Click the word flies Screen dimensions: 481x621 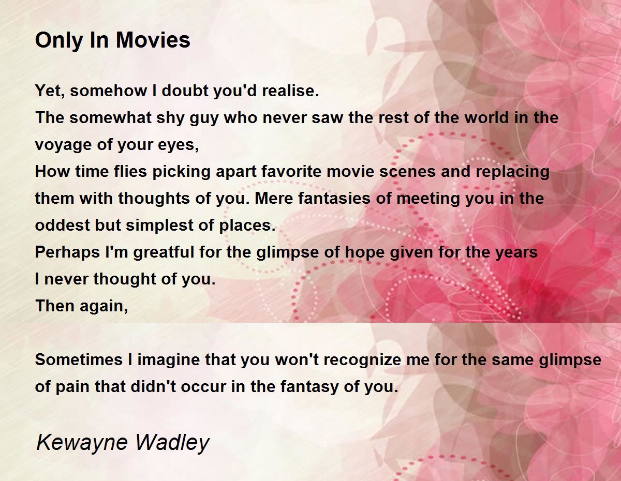[x=130, y=172]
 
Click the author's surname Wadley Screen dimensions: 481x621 [x=173, y=443]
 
